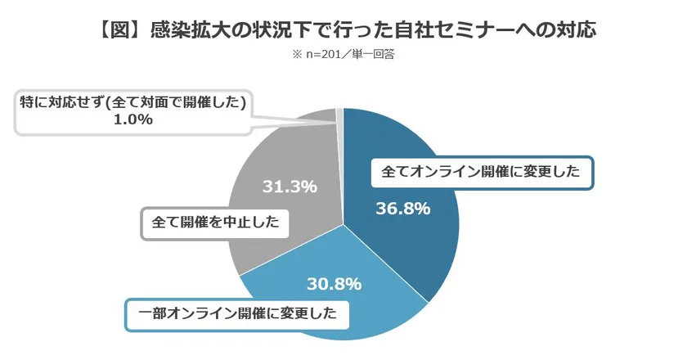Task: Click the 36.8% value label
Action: coord(402,209)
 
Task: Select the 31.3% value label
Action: coord(289,187)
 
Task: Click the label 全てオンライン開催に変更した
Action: coord(482,173)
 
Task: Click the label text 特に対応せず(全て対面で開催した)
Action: coord(133,101)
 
